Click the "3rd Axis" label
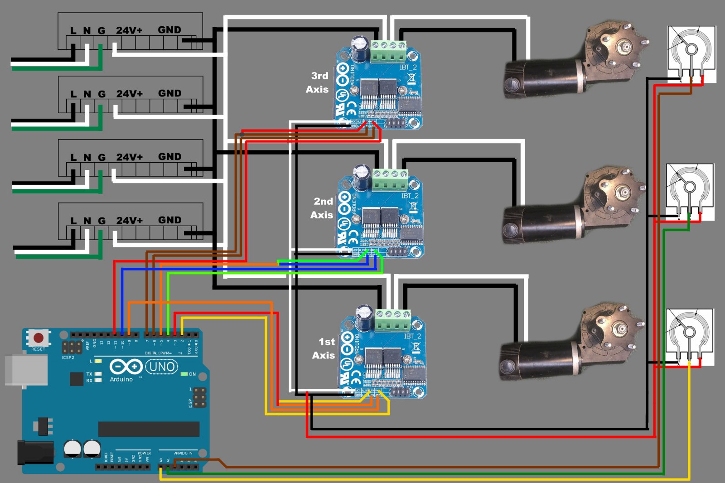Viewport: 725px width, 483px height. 318,82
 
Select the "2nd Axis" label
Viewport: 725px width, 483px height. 322,208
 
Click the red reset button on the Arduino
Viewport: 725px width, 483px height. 39,338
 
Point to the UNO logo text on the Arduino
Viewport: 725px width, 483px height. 161,367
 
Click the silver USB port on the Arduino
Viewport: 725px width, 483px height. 26,370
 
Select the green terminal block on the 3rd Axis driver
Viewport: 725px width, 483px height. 388,51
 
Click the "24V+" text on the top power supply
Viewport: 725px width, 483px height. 129,30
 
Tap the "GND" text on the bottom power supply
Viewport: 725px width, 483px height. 169,220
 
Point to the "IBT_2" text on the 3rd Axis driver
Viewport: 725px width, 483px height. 408,68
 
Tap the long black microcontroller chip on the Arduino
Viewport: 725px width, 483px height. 149,429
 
